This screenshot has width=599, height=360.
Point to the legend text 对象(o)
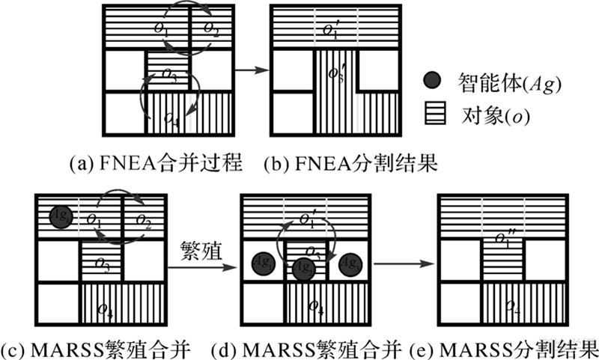[x=490, y=117]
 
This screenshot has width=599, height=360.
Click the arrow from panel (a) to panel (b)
[x=251, y=70]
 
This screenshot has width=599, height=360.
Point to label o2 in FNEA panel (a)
[x=211, y=29]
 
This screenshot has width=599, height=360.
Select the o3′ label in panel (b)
[x=335, y=75]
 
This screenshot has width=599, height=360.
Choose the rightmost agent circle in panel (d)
[x=350, y=263]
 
